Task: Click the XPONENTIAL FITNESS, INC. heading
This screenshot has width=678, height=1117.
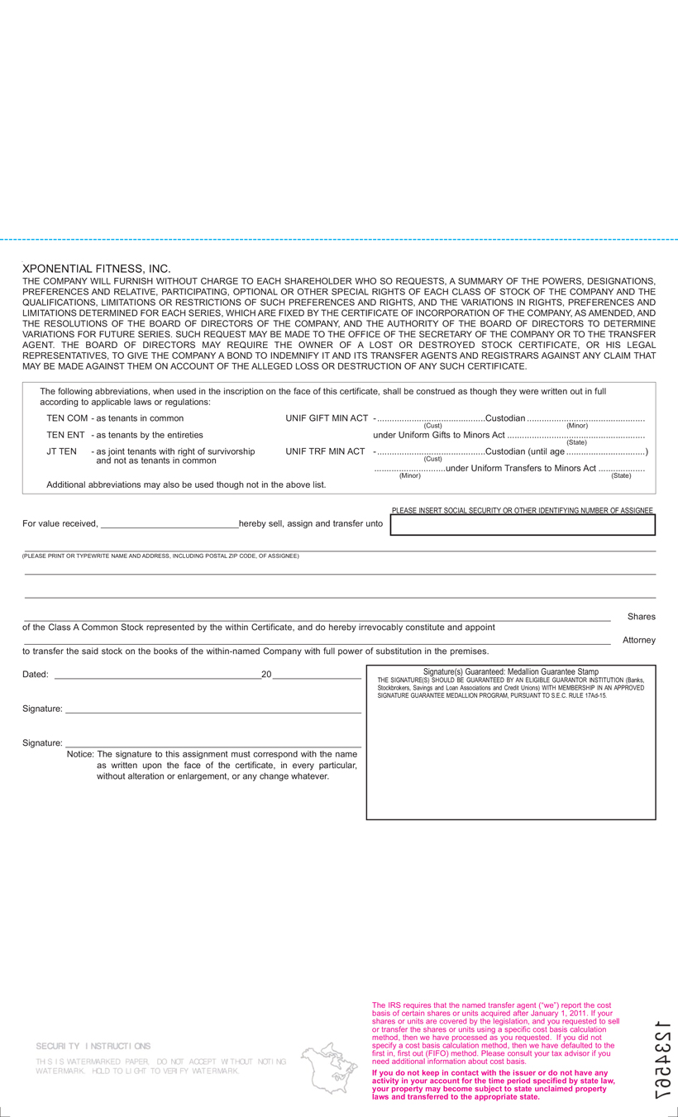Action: point(96,270)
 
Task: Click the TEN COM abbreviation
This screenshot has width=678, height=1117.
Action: point(67,418)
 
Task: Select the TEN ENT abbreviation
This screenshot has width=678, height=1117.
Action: point(65,434)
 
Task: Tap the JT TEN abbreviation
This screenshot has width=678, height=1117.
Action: point(62,451)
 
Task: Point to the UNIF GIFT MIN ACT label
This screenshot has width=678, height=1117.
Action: point(327,418)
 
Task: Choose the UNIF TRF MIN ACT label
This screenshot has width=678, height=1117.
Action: point(325,451)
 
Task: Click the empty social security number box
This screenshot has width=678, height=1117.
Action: point(523,525)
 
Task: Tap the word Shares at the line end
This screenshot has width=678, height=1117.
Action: point(641,617)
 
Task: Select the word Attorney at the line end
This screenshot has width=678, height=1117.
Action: point(638,640)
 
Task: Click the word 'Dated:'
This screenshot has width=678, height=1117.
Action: point(35,675)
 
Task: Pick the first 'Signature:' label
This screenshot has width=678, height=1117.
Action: point(42,709)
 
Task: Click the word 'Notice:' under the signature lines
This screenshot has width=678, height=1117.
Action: point(79,754)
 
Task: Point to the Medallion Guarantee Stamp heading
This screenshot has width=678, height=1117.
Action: point(510,671)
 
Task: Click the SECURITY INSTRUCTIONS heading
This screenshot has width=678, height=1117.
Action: point(93,1046)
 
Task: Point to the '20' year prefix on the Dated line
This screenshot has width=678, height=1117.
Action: point(266,675)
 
